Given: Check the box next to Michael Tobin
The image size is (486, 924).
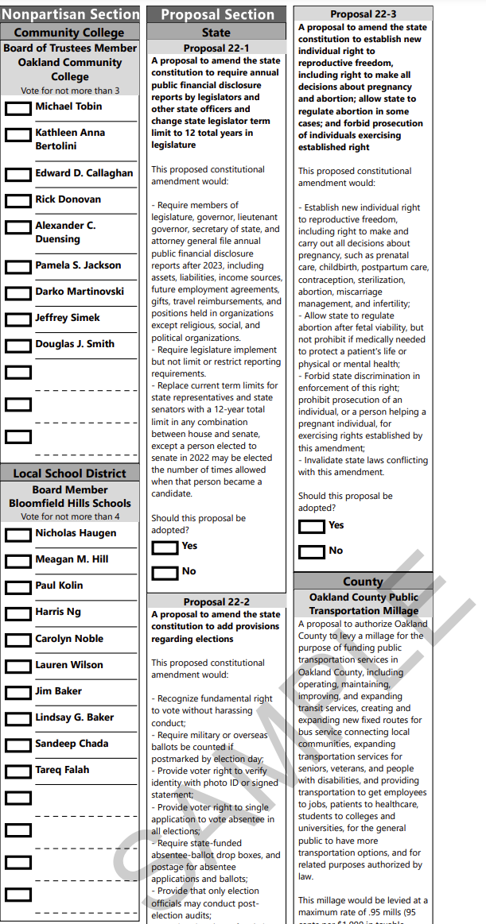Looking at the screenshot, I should point(18,108).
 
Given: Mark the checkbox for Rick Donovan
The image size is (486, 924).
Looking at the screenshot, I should point(18,201).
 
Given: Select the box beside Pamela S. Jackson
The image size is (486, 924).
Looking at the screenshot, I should point(18,267).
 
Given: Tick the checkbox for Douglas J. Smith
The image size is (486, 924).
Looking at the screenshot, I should point(18,346).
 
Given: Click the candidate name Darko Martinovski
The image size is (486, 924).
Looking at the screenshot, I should point(80,292).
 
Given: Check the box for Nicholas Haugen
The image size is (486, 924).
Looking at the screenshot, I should point(18,535).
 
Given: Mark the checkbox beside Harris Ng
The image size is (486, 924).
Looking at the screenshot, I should point(18,613).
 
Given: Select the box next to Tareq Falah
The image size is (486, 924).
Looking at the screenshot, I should point(18,771).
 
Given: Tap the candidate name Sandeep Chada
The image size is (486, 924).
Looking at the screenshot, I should point(72,744).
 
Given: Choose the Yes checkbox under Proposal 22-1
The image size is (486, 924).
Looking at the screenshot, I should point(165,547).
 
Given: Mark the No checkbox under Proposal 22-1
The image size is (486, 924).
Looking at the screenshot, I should point(165,573).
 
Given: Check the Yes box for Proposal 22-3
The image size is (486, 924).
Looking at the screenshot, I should point(311,526).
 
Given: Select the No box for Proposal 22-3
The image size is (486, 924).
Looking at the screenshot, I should point(311,551).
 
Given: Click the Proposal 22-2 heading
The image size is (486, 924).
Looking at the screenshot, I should point(216,601).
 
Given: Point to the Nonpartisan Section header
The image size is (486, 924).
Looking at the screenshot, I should point(70,14).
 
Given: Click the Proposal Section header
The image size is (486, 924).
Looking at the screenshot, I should point(216,14).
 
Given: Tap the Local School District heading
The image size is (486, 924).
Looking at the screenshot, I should point(70,473).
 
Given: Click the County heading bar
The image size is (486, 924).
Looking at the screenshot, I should point(363,581).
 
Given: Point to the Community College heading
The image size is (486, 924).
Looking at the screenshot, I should point(70,33).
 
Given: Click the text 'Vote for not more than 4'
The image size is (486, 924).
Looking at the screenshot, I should point(70,516).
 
